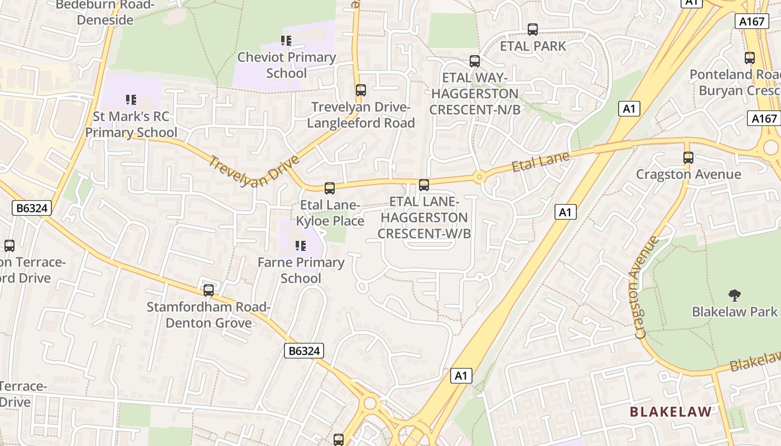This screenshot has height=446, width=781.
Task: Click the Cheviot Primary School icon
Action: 286,41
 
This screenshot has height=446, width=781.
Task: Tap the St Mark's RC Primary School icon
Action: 131,100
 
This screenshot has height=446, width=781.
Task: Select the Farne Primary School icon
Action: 301,246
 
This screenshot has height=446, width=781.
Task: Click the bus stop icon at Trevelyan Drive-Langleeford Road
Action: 361,90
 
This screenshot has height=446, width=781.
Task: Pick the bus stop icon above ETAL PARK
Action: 533,30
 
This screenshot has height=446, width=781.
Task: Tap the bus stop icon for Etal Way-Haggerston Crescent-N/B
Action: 475,61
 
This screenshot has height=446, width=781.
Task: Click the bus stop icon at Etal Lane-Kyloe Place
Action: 330,188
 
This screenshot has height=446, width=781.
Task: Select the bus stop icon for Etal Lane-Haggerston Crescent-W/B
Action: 424,185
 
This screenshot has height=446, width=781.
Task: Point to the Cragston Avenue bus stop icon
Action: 688,158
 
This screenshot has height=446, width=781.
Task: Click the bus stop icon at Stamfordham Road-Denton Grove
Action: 209,290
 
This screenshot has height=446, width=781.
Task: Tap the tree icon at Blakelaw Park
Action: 734,295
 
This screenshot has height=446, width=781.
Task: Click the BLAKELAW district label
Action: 671,412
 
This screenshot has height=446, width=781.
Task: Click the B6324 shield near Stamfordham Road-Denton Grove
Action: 304,351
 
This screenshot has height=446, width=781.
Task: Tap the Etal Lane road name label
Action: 540,161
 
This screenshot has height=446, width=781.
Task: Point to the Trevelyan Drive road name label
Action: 254,171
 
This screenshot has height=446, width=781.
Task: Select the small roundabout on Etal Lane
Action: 479,178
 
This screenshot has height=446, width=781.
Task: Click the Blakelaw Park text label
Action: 734,312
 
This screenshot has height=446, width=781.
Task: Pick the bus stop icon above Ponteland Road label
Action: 750,58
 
